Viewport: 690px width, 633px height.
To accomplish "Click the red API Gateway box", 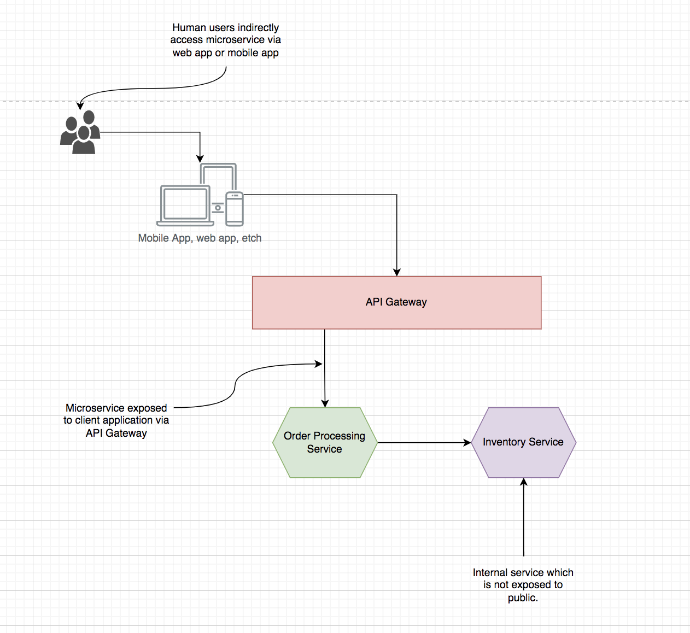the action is (396, 302).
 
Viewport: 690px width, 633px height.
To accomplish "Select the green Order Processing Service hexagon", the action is (325, 442).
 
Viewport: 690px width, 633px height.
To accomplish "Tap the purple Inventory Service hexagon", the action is (523, 442).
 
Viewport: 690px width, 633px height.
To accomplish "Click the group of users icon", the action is (80, 132).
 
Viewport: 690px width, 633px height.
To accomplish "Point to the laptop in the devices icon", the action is (185, 206).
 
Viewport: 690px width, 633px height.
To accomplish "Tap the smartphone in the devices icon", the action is (234, 209).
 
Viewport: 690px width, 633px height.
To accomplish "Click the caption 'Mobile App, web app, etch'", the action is (200, 238).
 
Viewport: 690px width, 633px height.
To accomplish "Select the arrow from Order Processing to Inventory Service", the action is (424, 443).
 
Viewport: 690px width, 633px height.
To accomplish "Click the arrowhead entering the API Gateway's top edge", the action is (396, 272).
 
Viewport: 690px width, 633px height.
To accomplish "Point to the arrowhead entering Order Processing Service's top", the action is (325, 403).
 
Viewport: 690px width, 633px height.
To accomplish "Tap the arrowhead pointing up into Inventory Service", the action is (524, 482).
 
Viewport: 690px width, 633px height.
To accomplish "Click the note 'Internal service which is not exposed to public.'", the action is (523, 585).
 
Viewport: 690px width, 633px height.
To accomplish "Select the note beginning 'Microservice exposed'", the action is (116, 420).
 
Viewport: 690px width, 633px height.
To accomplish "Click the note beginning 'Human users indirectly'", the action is (226, 40).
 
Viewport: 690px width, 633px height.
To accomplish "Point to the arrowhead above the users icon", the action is (80, 106).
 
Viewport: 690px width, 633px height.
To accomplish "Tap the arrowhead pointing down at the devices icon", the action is (200, 159).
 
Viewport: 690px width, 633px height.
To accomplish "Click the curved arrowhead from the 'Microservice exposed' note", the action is (319, 364).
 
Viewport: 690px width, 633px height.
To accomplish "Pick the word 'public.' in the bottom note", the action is (523, 598).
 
